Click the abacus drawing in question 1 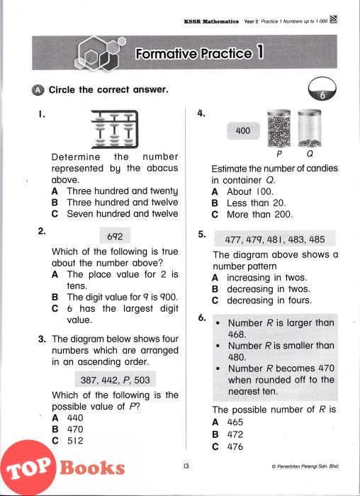click(x=115, y=129)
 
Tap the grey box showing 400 click(x=243, y=130)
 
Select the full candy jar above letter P click(x=279, y=128)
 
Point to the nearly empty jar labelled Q click(x=310, y=128)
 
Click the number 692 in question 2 click(x=115, y=236)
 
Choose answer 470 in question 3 click(x=75, y=429)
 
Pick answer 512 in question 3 click(x=75, y=441)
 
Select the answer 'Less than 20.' click(x=257, y=203)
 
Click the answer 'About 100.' click(x=250, y=191)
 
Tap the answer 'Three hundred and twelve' click(x=123, y=202)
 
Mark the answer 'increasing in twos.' click(x=267, y=278)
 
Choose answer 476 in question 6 click(x=235, y=446)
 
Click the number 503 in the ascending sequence click(x=142, y=380)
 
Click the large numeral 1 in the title click(x=260, y=52)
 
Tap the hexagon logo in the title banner click(x=100, y=52)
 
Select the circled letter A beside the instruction click(x=38, y=90)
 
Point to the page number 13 click(x=186, y=466)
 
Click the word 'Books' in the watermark click(x=92, y=468)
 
